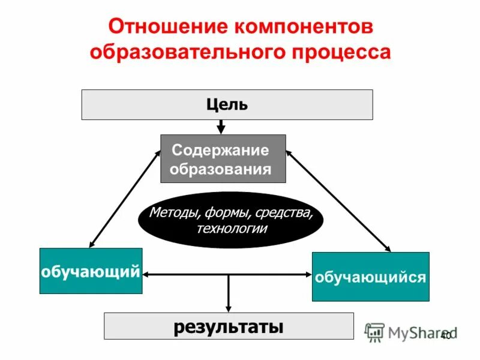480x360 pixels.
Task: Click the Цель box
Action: pyautogui.click(x=227, y=105)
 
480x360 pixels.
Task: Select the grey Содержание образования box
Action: pyautogui.click(x=223, y=158)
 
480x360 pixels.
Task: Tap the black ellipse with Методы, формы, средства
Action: pyautogui.click(x=230, y=220)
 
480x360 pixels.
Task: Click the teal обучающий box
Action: pyautogui.click(x=91, y=271)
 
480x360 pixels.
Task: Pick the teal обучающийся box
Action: pyautogui.click(x=370, y=277)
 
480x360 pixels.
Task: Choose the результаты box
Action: pyautogui.click(x=229, y=326)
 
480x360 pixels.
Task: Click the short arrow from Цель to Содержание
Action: pyautogui.click(x=221, y=127)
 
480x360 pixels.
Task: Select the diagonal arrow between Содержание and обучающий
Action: pyautogui.click(x=124, y=199)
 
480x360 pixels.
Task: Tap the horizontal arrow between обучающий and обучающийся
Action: pyautogui.click(x=186, y=275)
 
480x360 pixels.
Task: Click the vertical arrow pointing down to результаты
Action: pyautogui.click(x=228, y=294)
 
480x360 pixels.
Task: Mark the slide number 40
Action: pyautogui.click(x=445, y=337)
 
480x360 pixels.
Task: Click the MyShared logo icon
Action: pyautogui.click(x=375, y=332)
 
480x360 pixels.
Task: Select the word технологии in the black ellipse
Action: pyautogui.click(x=231, y=229)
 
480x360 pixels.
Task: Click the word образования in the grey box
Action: pyautogui.click(x=220, y=169)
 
